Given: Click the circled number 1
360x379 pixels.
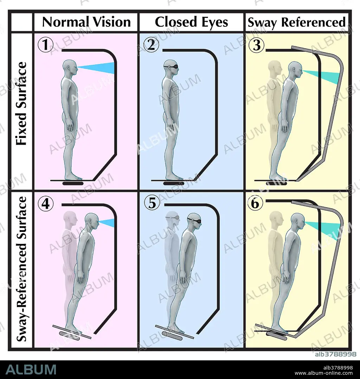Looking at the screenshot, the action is (x=46, y=45).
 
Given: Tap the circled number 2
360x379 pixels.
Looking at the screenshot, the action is (x=151, y=45).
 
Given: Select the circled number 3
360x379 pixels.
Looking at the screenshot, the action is (x=257, y=45).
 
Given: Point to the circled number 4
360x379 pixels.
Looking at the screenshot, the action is (x=46, y=203).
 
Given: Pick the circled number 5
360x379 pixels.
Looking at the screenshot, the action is (x=152, y=203).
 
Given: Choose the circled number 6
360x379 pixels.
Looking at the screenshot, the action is (x=255, y=203).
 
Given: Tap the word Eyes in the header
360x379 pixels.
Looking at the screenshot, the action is (x=214, y=22).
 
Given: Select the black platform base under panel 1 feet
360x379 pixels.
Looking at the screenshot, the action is (x=73, y=183).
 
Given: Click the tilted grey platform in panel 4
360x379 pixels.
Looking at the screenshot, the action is (x=72, y=331).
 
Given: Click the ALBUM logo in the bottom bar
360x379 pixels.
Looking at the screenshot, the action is (x=31, y=369).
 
